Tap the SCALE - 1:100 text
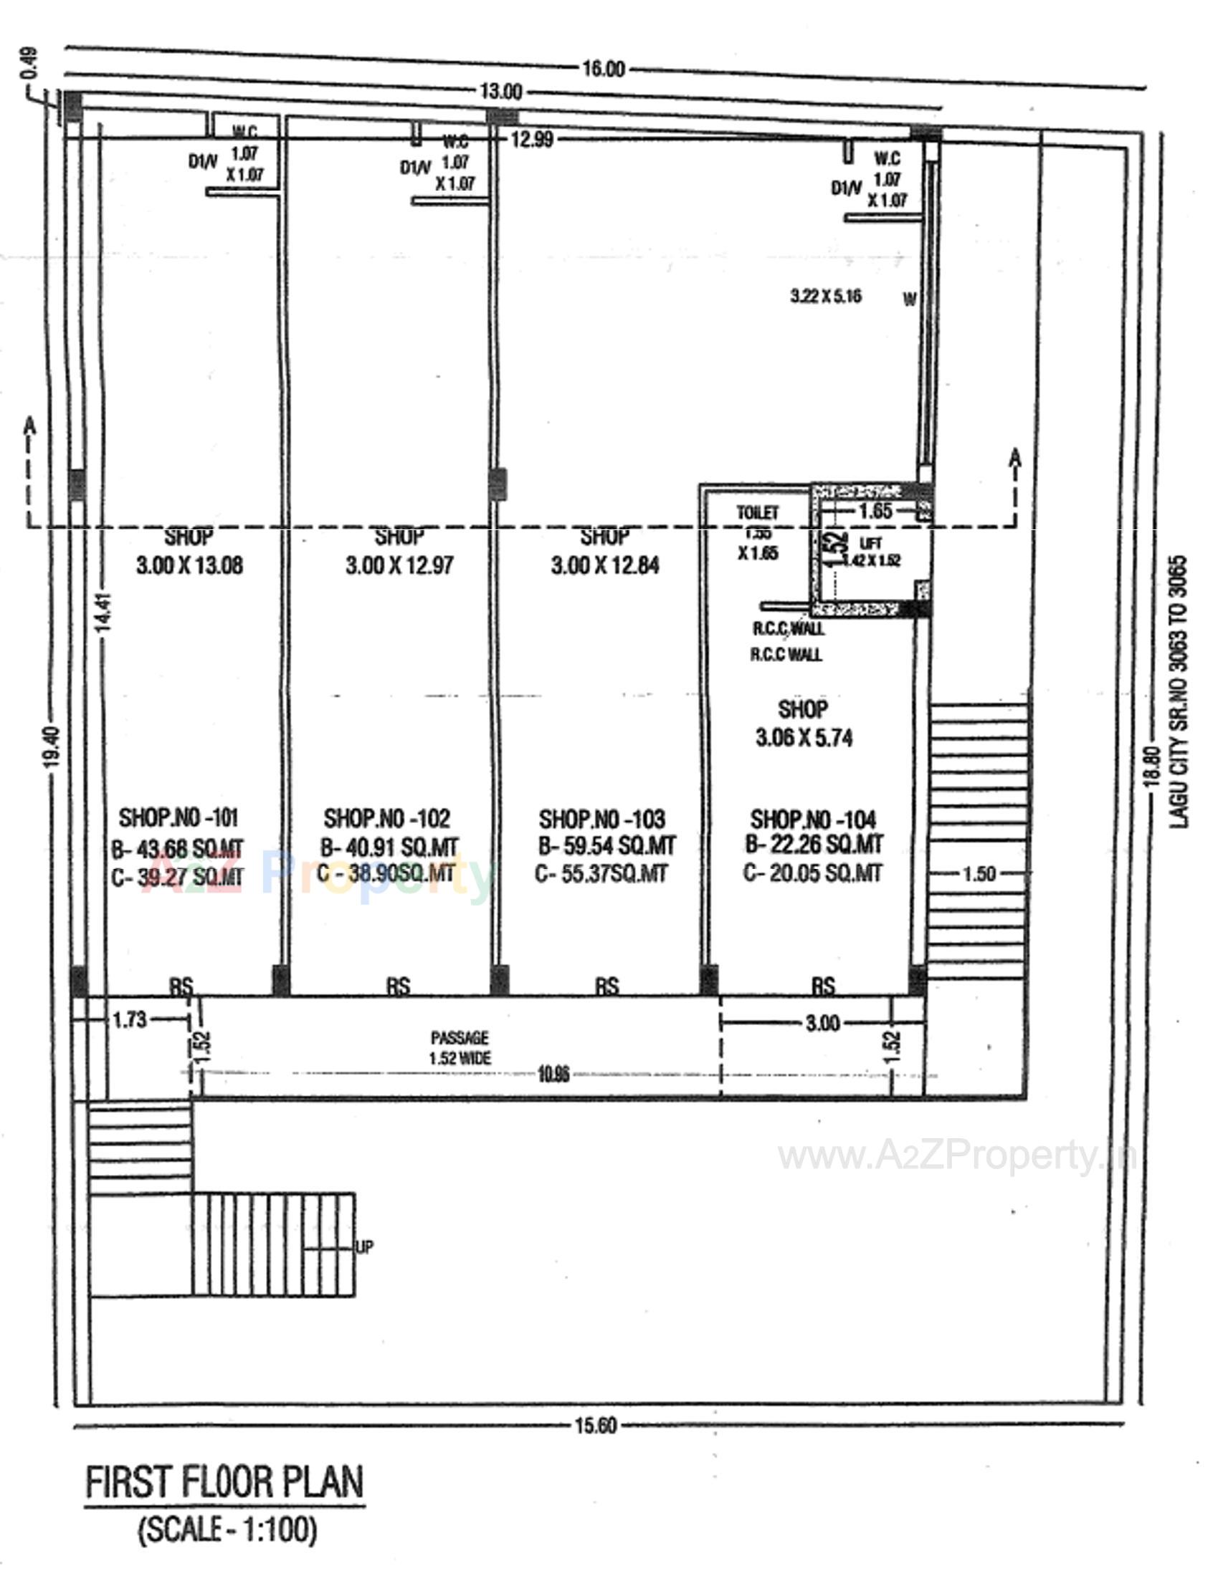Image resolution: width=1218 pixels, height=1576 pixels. [227, 1529]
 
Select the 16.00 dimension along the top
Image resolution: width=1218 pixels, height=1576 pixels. [603, 69]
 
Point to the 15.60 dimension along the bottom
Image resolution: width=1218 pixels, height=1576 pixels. [596, 1425]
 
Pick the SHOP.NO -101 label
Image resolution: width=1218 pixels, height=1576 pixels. [179, 817]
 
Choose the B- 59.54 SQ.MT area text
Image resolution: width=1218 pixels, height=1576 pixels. [606, 845]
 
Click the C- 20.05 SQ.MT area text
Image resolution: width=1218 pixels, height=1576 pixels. [812, 873]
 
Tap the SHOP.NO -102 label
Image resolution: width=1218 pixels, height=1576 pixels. [387, 818]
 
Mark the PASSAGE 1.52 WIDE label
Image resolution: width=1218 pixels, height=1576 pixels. [460, 1048]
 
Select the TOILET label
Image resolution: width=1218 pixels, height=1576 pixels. [757, 512]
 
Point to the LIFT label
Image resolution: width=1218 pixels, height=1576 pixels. [872, 544]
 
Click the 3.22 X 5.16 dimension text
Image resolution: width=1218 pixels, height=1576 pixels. [826, 297]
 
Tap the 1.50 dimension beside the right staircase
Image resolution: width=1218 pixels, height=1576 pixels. [979, 874]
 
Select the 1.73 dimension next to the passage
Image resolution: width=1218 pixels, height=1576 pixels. [130, 1019]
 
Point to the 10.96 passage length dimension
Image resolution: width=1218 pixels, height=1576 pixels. [553, 1075]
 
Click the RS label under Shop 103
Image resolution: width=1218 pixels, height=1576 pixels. [607, 986]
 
